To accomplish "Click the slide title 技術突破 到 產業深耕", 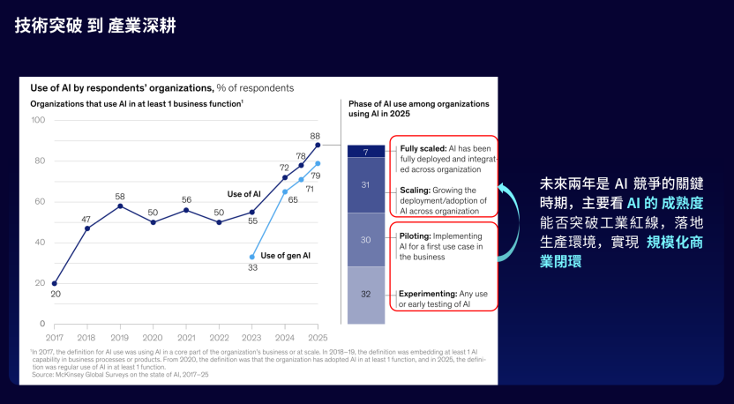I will tap(95, 26).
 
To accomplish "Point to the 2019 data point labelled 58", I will tap(120, 206).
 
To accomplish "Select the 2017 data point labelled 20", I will tap(54, 283).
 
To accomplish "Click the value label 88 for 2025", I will tap(315, 136).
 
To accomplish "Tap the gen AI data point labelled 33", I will tap(252, 257).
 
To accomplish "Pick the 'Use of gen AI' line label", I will tap(286, 255).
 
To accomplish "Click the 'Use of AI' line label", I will tap(244, 193).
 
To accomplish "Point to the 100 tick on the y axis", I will tap(37, 120).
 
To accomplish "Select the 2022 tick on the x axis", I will tap(219, 337).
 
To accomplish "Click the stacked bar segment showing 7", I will tap(365, 152).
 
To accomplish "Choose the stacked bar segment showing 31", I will tap(365, 185).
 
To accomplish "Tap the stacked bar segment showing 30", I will tap(365, 239).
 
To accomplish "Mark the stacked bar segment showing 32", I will tap(365, 295).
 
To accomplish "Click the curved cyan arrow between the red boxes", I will tap(508, 221).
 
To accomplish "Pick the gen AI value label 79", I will tap(315, 176).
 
